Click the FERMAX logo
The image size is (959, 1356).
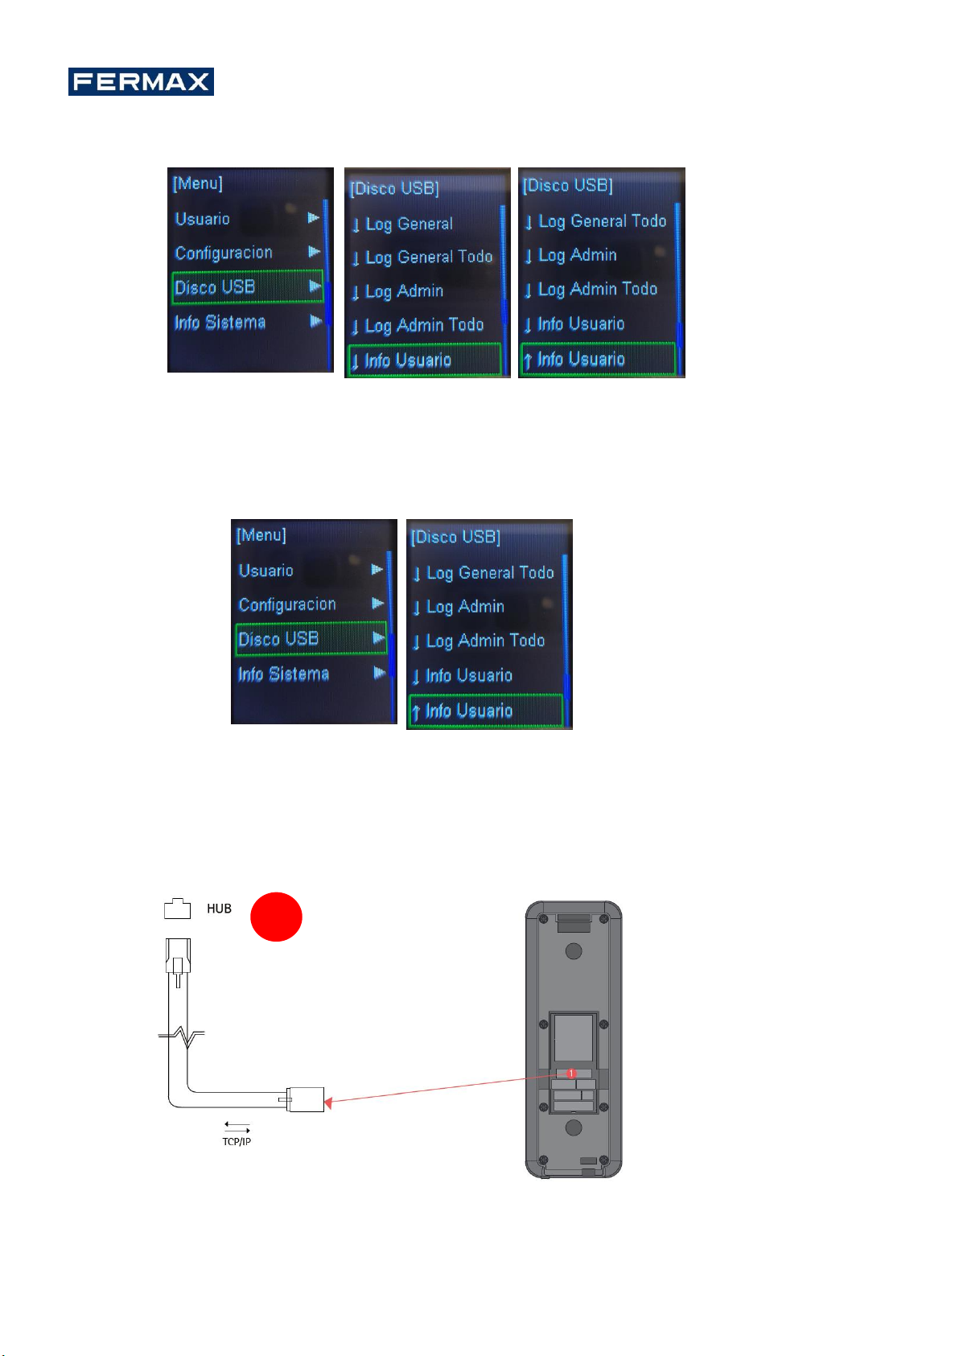pyautogui.click(x=141, y=81)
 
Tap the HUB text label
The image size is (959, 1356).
pyautogui.click(x=219, y=909)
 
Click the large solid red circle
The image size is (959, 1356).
pyautogui.click(x=276, y=916)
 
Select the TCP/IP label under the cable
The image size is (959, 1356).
pyautogui.click(x=237, y=1141)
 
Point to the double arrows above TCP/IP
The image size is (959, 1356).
pyautogui.click(x=237, y=1127)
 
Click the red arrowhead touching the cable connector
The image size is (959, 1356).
pyautogui.click(x=328, y=1101)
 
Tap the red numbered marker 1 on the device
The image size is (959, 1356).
pyautogui.click(x=571, y=1074)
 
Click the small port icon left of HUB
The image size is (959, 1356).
pyautogui.click(x=177, y=909)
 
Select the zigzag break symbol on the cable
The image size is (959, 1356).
pyautogui.click(x=185, y=1037)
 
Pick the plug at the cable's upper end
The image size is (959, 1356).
pyautogui.click(x=178, y=958)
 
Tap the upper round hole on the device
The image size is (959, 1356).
pyautogui.click(x=574, y=951)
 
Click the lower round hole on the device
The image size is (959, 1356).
pyautogui.click(x=574, y=1127)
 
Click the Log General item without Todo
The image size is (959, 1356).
pyautogui.click(x=409, y=224)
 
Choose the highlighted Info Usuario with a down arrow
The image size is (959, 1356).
pyautogui.click(x=408, y=361)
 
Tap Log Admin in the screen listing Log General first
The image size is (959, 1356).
pyautogui.click(x=404, y=291)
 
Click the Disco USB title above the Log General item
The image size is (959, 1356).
pyautogui.click(x=394, y=188)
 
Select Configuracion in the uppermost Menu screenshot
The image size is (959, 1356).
pyautogui.click(x=224, y=253)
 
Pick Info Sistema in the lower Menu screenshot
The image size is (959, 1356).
pyautogui.click(x=283, y=674)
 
